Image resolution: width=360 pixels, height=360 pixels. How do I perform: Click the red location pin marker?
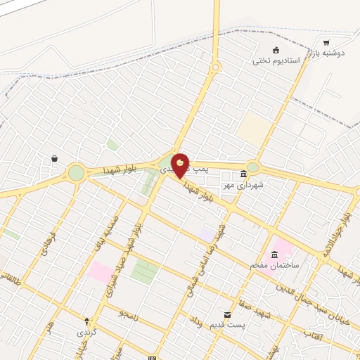(x=181, y=165)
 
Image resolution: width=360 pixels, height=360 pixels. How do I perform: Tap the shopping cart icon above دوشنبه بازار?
(x=326, y=43)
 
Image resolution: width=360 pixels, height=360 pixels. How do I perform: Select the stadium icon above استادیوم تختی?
(x=276, y=50)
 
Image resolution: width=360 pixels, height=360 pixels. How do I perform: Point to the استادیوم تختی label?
(x=276, y=60)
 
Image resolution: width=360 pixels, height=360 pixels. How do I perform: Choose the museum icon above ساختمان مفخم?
(x=274, y=255)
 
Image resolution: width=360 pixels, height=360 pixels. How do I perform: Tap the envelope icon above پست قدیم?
(x=227, y=315)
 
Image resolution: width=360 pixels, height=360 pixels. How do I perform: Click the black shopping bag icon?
(x=54, y=159)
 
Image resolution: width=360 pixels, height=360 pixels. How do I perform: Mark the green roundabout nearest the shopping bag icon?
(x=76, y=172)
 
